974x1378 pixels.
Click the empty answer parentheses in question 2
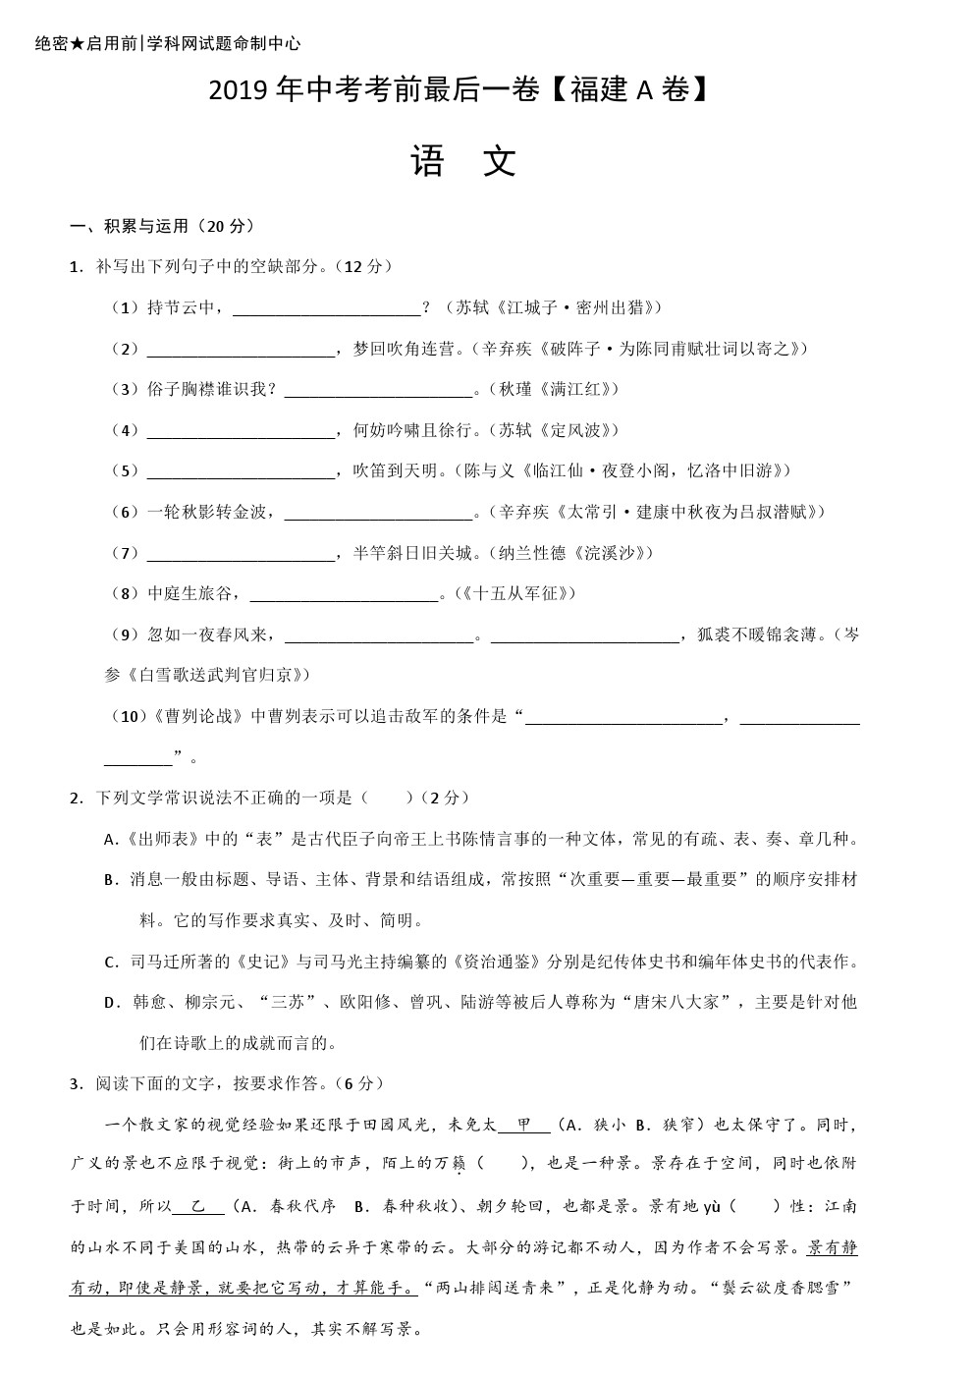pyautogui.click(x=387, y=798)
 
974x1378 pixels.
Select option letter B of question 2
pyautogui.click(x=110, y=880)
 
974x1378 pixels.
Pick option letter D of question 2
pyautogui.click(x=110, y=1003)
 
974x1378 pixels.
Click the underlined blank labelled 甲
pyautogui.click(x=524, y=1125)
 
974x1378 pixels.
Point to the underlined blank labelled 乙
pyautogui.click(x=199, y=1206)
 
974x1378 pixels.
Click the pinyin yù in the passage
pyautogui.click(x=712, y=1206)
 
